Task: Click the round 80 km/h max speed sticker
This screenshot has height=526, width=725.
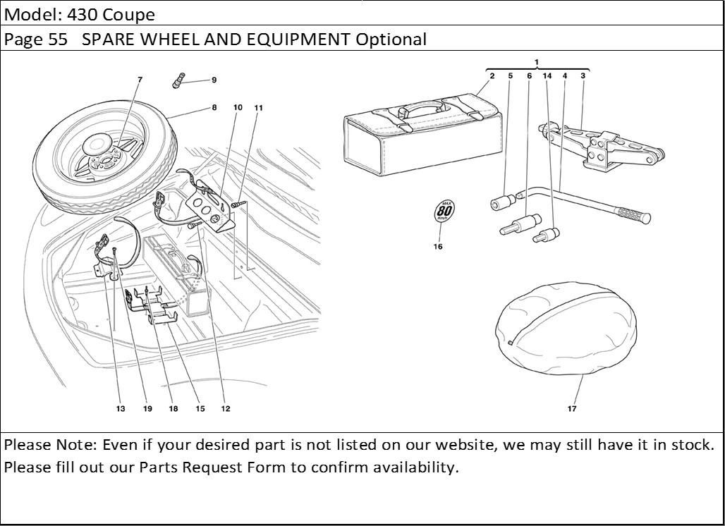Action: pos(444,211)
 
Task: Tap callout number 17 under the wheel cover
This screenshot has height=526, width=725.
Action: pos(571,409)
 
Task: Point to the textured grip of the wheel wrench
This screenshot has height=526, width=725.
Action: pos(632,214)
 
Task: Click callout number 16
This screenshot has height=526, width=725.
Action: pos(438,247)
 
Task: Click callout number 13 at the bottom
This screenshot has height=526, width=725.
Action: pos(121,409)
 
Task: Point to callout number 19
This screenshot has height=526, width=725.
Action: pos(147,409)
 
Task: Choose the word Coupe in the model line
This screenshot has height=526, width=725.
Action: pos(132,13)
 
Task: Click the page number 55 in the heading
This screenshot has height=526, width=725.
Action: pos(58,39)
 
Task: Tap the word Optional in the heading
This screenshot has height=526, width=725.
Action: pos(391,39)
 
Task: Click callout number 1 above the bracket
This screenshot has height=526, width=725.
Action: pos(537,62)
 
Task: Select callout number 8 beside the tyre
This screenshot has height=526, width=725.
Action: pos(213,108)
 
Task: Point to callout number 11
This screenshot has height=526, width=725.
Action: pos(259,108)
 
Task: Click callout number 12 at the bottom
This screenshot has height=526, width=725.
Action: pos(225,409)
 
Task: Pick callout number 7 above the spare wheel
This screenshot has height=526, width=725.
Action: pos(140,80)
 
